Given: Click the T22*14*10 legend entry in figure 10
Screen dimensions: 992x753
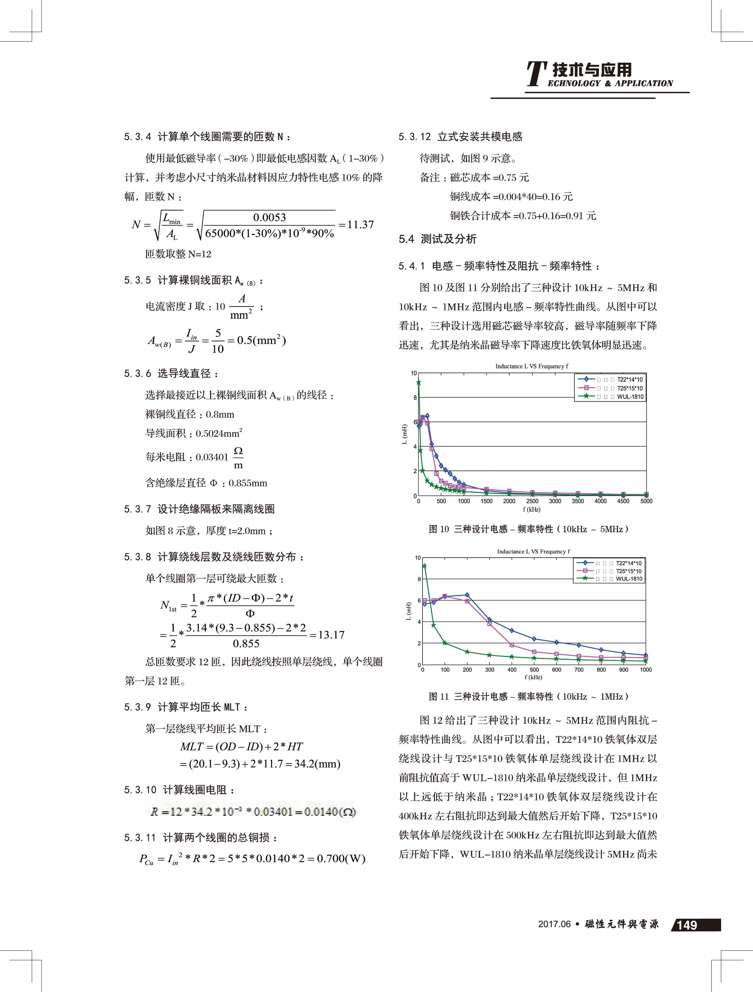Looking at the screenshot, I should (x=629, y=379).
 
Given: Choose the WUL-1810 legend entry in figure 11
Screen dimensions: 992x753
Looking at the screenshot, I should (x=628, y=579).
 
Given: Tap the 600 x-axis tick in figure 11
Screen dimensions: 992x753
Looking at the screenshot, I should (x=557, y=669).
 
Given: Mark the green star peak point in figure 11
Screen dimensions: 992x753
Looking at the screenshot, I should (x=424, y=566).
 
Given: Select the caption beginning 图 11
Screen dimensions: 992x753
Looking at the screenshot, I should (x=528, y=696).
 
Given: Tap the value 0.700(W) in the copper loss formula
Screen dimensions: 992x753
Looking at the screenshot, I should (x=341, y=858).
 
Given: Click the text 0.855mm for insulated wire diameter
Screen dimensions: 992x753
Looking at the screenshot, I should (x=247, y=483).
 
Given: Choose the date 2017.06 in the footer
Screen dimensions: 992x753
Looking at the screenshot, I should (x=554, y=924).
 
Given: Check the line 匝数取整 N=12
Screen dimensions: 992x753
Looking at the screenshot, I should (x=178, y=254).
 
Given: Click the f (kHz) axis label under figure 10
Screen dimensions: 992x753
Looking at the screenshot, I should (x=531, y=510).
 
